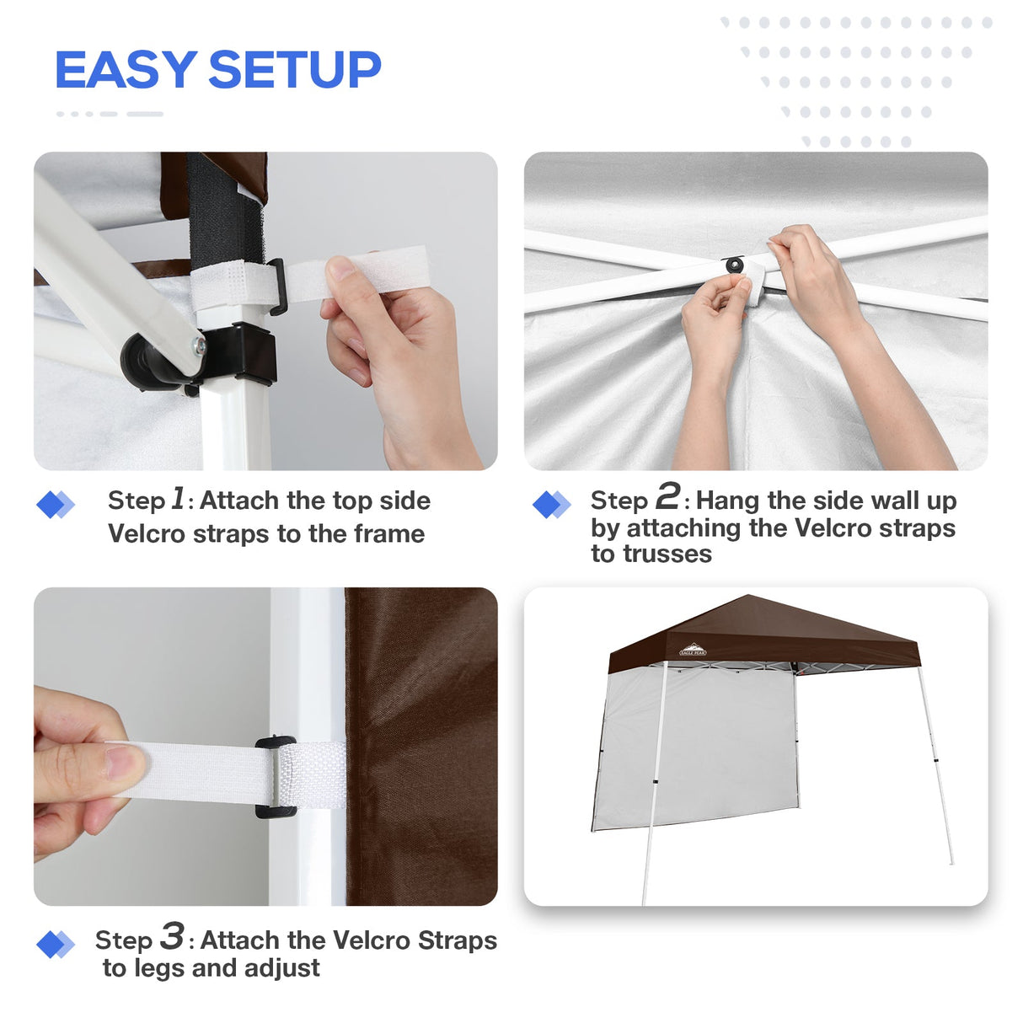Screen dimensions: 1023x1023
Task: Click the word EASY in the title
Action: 126,70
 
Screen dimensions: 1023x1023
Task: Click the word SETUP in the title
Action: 294,70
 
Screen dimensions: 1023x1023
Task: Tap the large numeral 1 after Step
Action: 178,498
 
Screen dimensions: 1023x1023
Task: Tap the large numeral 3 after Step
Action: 172,936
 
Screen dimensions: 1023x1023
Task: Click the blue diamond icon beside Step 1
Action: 56,505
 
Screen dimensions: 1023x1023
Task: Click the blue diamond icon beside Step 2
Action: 552,505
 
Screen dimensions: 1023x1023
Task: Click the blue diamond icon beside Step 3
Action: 56,945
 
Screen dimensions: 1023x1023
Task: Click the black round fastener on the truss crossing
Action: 735,265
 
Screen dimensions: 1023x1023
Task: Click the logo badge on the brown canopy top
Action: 693,650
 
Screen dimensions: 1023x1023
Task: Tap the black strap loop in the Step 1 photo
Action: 277,286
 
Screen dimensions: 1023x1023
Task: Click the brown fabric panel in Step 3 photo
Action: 421,742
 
